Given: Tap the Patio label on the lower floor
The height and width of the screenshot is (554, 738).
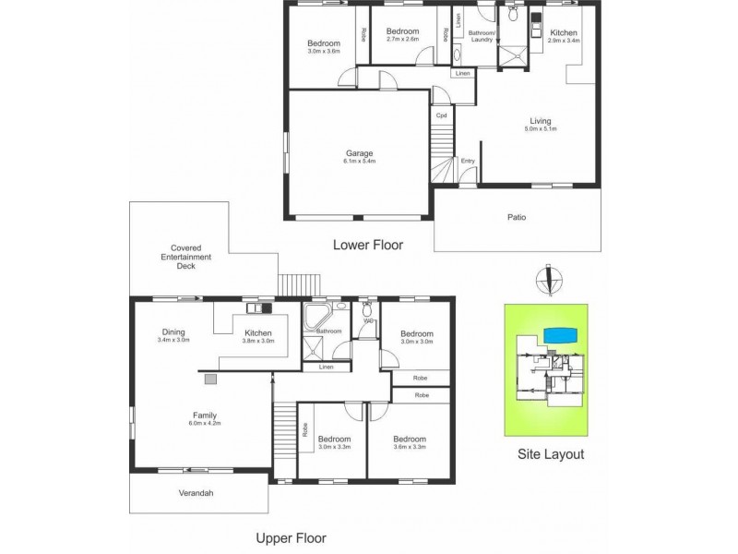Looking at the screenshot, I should (517, 218).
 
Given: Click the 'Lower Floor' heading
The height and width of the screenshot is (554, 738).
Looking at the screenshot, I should (368, 246).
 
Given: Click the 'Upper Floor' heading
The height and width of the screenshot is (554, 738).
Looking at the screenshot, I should (291, 537).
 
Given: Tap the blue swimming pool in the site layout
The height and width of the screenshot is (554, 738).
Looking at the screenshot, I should (560, 332).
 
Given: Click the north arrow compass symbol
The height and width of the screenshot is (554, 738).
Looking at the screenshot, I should (550, 277).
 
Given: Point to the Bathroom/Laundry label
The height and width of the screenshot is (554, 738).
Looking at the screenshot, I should (482, 36).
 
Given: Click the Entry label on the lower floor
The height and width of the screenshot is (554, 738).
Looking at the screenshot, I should (468, 162).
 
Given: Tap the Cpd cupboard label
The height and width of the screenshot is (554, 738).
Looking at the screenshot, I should (442, 115).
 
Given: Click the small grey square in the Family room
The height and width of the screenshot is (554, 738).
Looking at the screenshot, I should (209, 379).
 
